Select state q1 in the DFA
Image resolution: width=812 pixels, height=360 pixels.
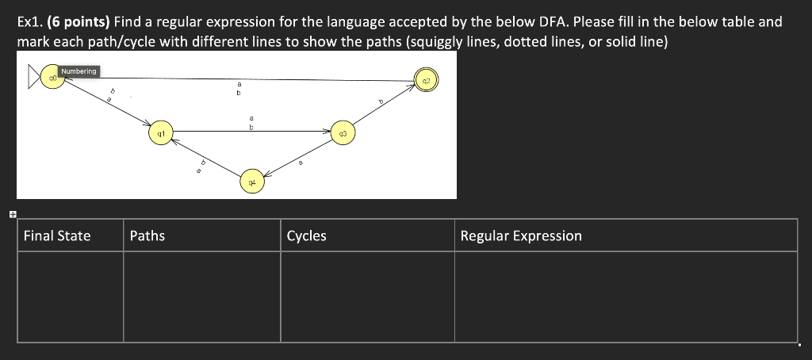pyautogui.click(x=161, y=134)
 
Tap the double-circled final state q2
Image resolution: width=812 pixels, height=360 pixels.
pyautogui.click(x=425, y=80)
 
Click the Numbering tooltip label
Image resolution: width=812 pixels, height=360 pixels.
pyautogui.click(x=79, y=71)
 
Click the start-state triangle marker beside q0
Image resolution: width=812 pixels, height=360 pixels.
pyautogui.click(x=35, y=78)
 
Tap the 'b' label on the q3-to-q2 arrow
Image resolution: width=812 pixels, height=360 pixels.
pyautogui.click(x=381, y=101)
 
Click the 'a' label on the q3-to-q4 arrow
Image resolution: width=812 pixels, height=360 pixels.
pyautogui.click(x=301, y=162)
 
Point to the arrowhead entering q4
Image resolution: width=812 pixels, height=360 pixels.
pyautogui.click(x=267, y=174)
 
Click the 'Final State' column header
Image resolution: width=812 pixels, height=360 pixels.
pyautogui.click(x=57, y=236)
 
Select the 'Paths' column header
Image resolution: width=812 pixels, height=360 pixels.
pyautogui.click(x=147, y=236)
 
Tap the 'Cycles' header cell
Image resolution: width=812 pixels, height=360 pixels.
pyautogui.click(x=306, y=236)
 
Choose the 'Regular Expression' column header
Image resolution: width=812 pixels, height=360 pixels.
pyautogui.click(x=521, y=236)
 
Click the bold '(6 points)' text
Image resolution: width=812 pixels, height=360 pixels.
pyautogui.click(x=77, y=21)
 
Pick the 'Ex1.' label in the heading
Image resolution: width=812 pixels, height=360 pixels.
pyautogui.click(x=29, y=21)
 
